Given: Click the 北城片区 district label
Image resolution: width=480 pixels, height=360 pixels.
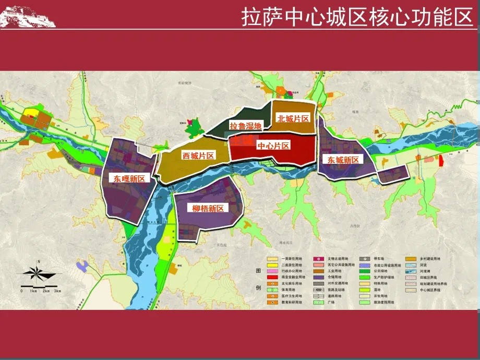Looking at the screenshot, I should tap(293, 118).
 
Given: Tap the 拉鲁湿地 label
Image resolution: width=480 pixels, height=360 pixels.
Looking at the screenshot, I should tap(246, 125).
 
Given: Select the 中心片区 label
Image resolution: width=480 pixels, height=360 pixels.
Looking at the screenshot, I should tap(273, 146).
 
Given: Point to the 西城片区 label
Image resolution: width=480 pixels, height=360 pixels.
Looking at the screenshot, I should tap(198, 155).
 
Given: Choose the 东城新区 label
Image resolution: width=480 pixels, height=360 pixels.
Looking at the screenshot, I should tap(343, 160).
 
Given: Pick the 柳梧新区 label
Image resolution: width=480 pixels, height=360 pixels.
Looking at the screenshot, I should tap(208, 209).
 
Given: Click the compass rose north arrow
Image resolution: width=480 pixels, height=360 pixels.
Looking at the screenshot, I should tap(38, 271).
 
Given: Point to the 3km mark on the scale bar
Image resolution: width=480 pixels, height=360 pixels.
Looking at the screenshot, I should tap(57, 291).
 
